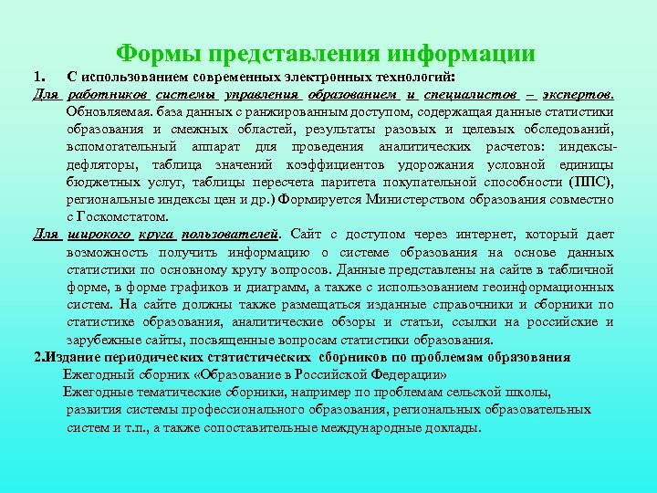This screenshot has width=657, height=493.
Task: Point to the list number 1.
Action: pos(38,78)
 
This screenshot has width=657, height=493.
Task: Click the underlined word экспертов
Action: pos(579,95)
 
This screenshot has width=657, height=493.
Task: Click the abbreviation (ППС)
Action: pos(589,182)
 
